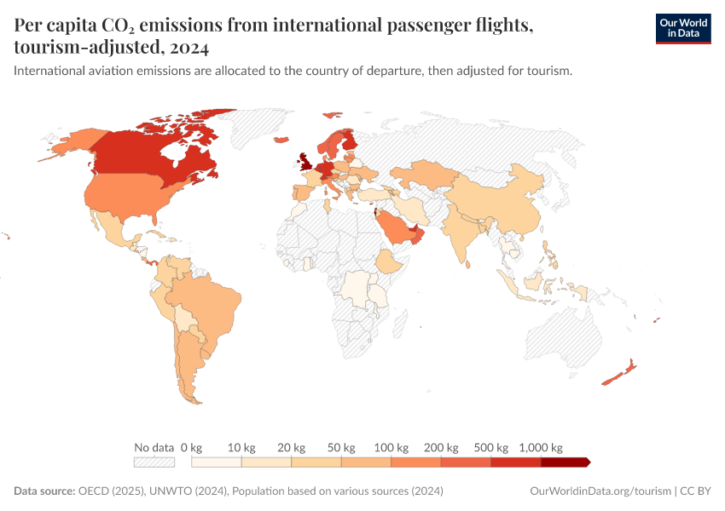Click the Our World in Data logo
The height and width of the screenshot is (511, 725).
(x=682, y=28)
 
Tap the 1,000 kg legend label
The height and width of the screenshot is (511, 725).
(x=541, y=447)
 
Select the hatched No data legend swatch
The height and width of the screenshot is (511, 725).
(x=154, y=462)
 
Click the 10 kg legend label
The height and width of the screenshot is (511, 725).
(x=242, y=447)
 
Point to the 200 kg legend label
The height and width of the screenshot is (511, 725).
(x=442, y=447)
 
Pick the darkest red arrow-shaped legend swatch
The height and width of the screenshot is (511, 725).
(x=565, y=462)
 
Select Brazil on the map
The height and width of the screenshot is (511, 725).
(x=205, y=302)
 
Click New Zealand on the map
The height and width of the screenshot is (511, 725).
(x=619, y=373)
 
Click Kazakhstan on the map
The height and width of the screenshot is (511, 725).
(x=422, y=175)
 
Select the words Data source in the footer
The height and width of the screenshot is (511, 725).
(x=43, y=491)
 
